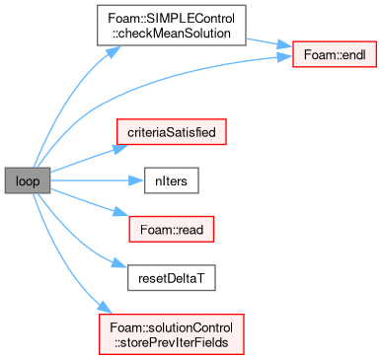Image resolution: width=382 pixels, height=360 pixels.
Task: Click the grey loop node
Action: click(x=28, y=180)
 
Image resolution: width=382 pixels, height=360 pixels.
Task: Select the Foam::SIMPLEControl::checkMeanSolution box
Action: click(x=172, y=26)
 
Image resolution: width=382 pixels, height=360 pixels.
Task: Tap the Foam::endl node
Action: click(x=335, y=54)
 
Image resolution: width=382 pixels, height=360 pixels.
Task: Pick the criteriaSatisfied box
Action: click(x=172, y=132)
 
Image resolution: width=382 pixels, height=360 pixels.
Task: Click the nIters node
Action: click(x=172, y=180)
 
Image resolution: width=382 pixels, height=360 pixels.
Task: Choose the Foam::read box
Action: click(x=172, y=229)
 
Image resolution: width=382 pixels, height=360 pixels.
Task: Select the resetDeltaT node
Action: click(x=172, y=278)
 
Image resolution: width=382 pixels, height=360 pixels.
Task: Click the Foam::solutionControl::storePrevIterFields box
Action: click(x=172, y=334)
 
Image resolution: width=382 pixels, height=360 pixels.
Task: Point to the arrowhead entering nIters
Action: click(x=136, y=180)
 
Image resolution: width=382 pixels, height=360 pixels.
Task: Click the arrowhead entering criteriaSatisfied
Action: click(x=121, y=148)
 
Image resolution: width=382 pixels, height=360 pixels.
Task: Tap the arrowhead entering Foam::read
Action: click(x=121, y=212)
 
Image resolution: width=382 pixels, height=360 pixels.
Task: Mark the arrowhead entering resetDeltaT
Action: click(x=118, y=263)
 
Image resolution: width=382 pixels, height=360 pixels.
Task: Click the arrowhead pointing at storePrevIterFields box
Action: click(x=106, y=308)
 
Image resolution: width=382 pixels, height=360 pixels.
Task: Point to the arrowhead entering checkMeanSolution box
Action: click(x=113, y=51)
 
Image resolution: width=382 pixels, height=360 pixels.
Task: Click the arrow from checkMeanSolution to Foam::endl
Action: click(x=269, y=43)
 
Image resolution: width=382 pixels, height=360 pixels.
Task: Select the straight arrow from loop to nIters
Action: click(x=97, y=180)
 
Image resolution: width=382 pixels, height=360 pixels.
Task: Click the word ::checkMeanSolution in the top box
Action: click(x=172, y=33)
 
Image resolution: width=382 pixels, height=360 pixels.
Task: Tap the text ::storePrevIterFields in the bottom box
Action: click(x=172, y=342)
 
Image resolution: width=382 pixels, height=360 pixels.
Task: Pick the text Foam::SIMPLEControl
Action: click(x=172, y=18)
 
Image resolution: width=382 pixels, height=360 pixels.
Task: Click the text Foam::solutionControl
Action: click(x=172, y=327)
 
